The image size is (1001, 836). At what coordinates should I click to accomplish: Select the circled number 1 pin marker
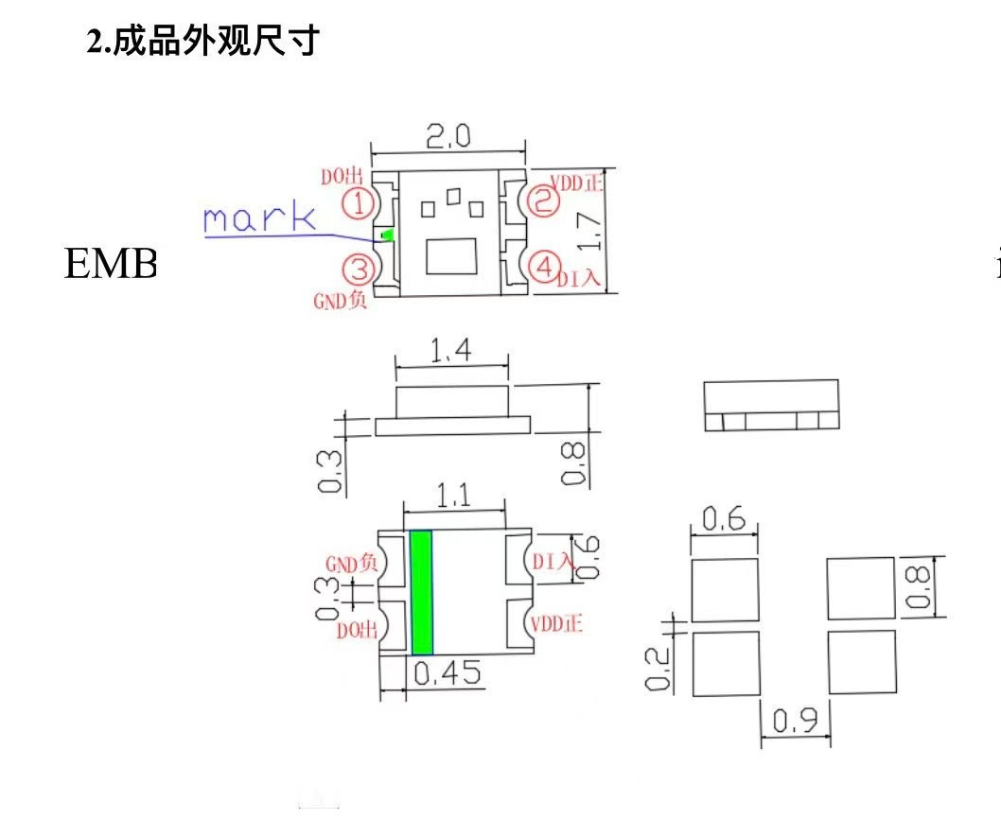tap(356, 201)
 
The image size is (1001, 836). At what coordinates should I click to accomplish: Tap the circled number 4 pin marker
tap(542, 268)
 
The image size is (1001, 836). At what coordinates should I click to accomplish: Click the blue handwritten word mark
tap(259, 218)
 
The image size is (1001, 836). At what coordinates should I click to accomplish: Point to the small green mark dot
tap(385, 235)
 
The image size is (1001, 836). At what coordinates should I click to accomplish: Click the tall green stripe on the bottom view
tap(422, 592)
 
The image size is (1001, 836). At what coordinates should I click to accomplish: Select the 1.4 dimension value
tap(451, 352)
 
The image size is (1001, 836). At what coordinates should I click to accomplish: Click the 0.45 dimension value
tap(448, 674)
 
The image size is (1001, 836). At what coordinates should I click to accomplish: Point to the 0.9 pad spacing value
tap(797, 722)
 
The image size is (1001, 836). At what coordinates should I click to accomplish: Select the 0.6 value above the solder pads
tap(724, 519)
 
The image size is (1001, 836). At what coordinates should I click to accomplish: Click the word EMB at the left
tap(110, 265)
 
